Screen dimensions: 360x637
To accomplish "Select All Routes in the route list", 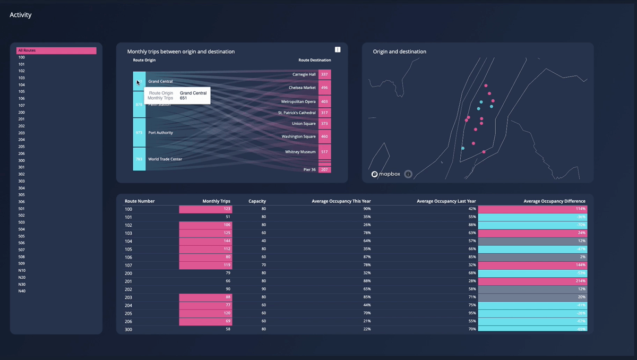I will pyautogui.click(x=56, y=50).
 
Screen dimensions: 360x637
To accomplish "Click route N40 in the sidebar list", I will pyautogui.click(x=22, y=291).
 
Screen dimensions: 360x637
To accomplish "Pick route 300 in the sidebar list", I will pyautogui.click(x=22, y=160).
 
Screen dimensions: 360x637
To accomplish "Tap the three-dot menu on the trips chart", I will pyautogui.click(x=338, y=49).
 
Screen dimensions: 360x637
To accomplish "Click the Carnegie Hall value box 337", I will pyautogui.click(x=324, y=74).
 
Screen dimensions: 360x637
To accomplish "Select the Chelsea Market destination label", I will pyautogui.click(x=302, y=88).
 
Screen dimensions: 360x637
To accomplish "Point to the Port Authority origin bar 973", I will pyautogui.click(x=139, y=133).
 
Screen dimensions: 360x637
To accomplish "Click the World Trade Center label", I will pyautogui.click(x=165, y=159).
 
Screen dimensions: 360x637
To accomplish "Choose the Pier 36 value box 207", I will pyautogui.click(x=324, y=170).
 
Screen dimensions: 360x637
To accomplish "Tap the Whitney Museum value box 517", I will pyautogui.click(x=324, y=152).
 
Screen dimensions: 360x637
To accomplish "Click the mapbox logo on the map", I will pyautogui.click(x=386, y=174).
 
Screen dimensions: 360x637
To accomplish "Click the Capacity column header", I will pyautogui.click(x=257, y=201).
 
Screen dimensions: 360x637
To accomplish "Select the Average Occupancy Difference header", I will pyautogui.click(x=554, y=201).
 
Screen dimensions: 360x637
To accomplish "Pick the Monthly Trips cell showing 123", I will pyautogui.click(x=205, y=209).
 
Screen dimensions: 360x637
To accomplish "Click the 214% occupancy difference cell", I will pyautogui.click(x=532, y=281).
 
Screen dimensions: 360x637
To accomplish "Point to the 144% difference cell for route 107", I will pyautogui.click(x=532, y=265).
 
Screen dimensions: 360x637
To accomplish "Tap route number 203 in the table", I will pyautogui.click(x=128, y=297).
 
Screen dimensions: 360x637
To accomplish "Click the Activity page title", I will pyautogui.click(x=21, y=15).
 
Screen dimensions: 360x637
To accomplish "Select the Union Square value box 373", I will pyautogui.click(x=324, y=124).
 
